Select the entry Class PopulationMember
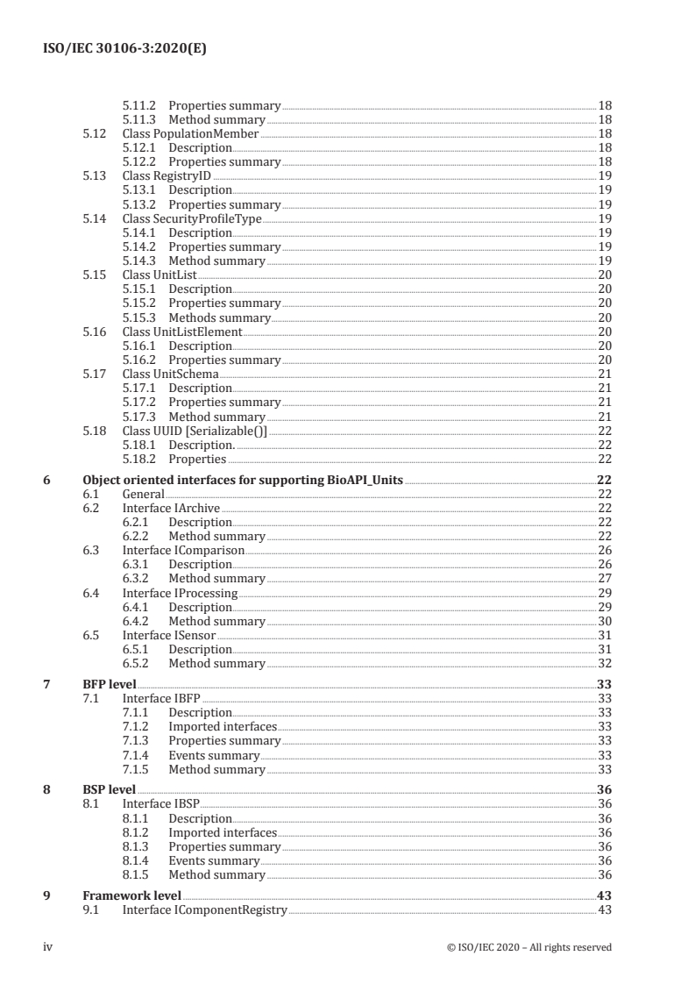[x=190, y=133]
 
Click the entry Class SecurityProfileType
[x=192, y=218]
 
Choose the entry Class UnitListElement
[x=181, y=332]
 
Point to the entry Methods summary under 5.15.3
[x=219, y=317]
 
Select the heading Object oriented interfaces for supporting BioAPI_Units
[x=243, y=480]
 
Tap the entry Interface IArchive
[x=171, y=508]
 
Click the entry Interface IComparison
[x=182, y=550]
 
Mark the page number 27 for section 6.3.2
[x=604, y=579]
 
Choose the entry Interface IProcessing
[x=180, y=593]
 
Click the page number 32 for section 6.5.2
[x=604, y=664]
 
